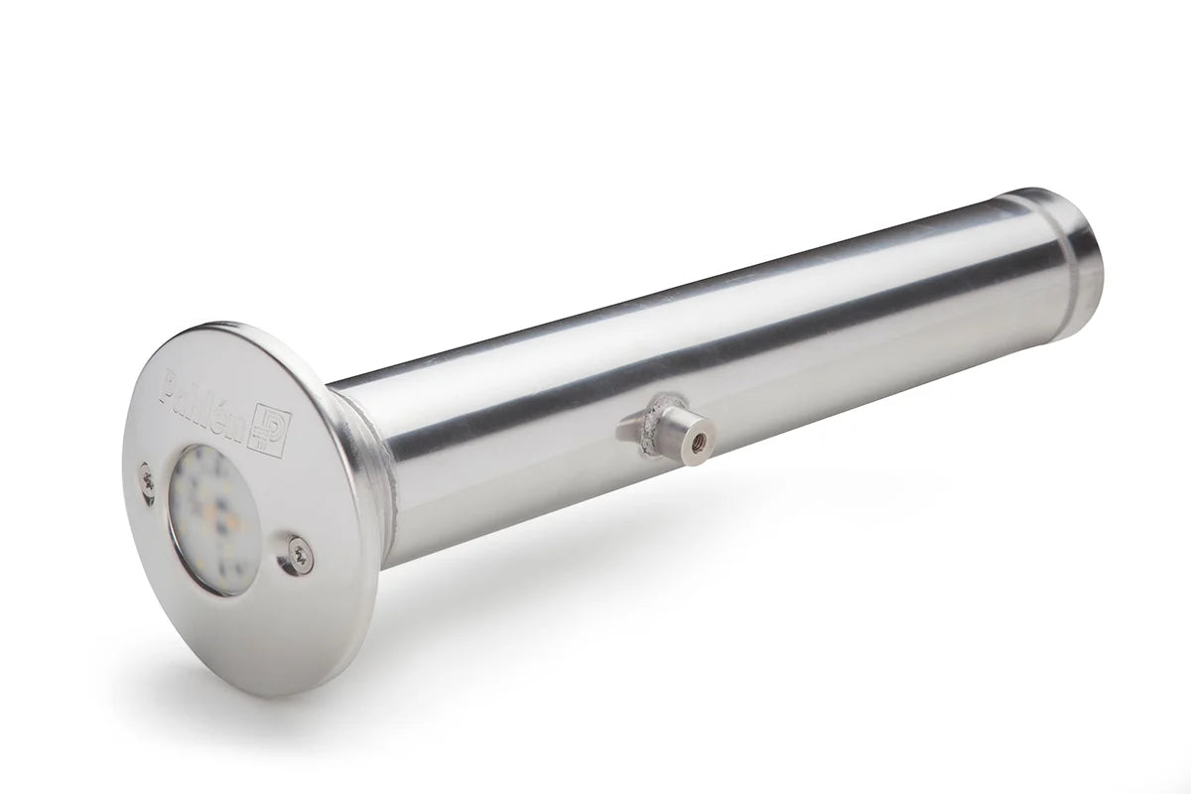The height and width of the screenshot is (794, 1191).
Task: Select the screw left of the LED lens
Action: (x=147, y=482)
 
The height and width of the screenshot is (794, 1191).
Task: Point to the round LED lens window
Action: (x=213, y=518)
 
